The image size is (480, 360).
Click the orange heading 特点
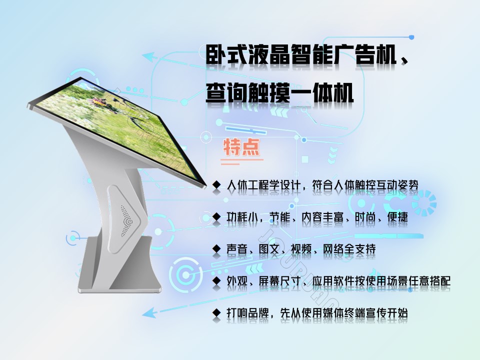(241, 147)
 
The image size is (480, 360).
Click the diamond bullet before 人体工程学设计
(216, 184)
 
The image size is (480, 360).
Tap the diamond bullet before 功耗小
(216, 217)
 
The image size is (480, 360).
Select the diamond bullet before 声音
(216, 249)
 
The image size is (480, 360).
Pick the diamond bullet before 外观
(216, 280)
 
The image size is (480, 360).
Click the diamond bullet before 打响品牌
(216, 313)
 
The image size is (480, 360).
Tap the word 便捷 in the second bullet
(397, 217)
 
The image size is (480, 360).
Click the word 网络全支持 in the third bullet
(349, 249)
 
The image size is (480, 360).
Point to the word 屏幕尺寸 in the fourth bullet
(279, 280)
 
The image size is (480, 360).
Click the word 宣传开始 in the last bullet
(386, 313)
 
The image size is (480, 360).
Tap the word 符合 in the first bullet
(322, 184)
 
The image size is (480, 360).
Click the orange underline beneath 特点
(242, 159)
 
